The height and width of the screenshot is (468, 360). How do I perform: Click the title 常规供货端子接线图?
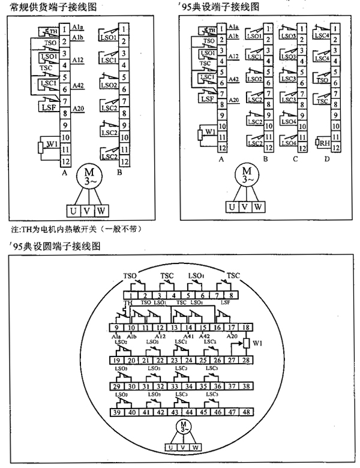[x=49, y=7]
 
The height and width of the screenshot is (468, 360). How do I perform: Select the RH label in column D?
[x=323, y=143]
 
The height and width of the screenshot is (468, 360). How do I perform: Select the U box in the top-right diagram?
[x=230, y=206]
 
